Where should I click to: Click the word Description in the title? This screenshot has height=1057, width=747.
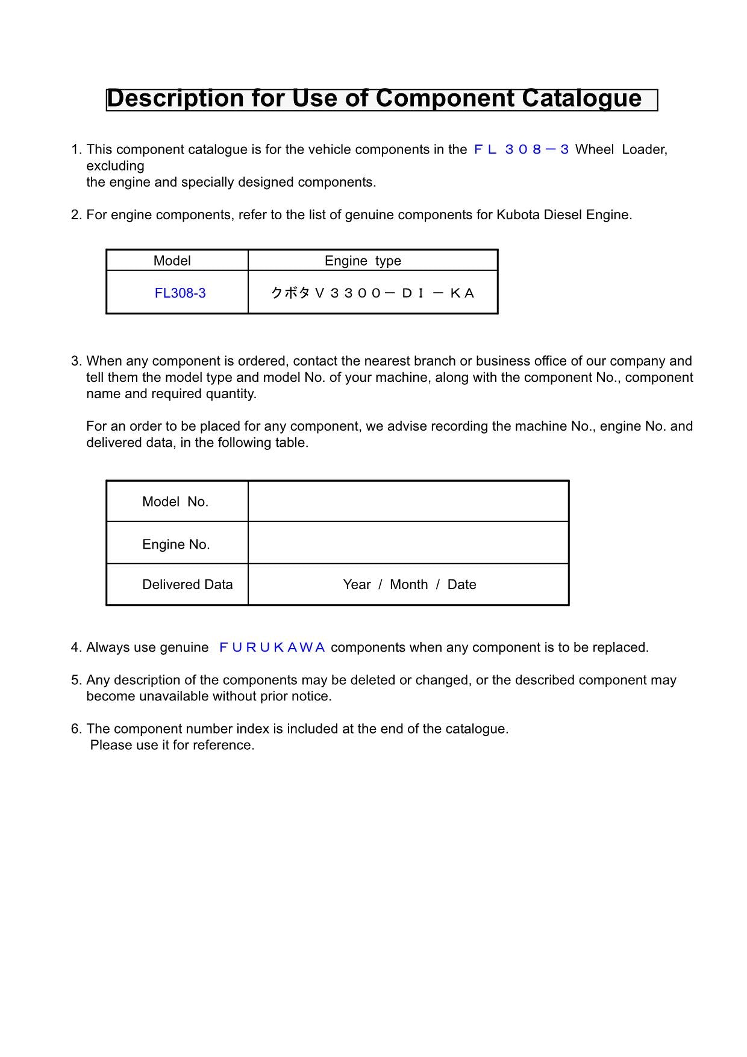[x=175, y=99]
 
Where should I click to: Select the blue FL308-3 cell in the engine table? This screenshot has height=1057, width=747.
[x=180, y=293]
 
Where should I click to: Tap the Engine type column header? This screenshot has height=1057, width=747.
[x=363, y=261]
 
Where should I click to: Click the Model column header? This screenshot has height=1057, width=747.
[x=172, y=261]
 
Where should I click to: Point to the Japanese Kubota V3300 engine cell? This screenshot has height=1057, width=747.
[x=373, y=293]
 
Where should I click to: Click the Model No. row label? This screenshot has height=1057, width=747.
[x=175, y=502]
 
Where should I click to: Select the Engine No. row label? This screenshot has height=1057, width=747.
[x=176, y=544]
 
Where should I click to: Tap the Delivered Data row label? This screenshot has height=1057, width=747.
[x=187, y=585]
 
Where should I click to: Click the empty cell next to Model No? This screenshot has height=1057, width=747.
[x=408, y=502]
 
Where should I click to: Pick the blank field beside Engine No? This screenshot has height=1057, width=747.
[x=408, y=543]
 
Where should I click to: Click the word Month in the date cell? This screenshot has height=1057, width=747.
[x=408, y=585]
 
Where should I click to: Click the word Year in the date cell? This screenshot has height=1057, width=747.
[x=357, y=585]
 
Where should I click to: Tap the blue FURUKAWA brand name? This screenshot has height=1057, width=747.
[x=272, y=647]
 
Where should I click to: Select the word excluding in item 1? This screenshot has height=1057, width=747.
[x=115, y=166]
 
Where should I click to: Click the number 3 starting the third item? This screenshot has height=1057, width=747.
[x=75, y=361]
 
